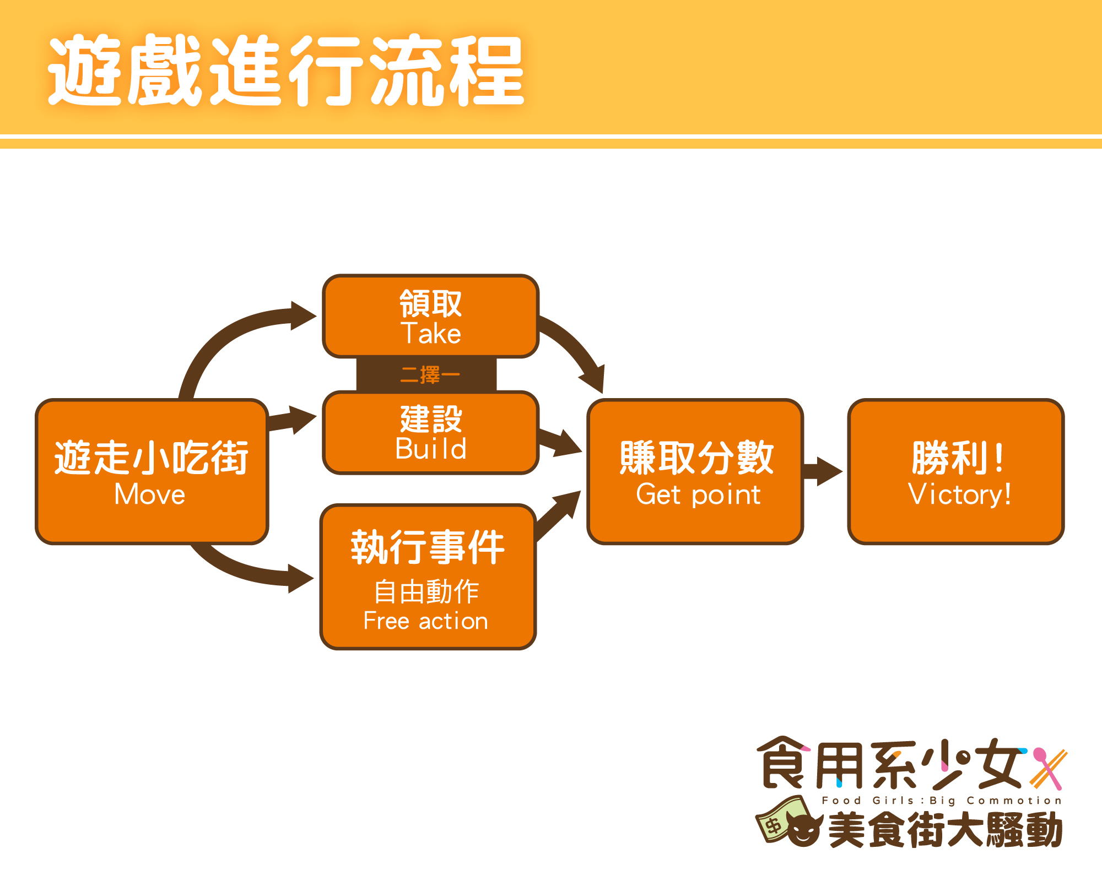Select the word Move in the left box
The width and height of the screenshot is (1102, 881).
tap(150, 494)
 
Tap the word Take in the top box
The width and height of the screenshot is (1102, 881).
tap(431, 334)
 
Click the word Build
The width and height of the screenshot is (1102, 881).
tap(431, 449)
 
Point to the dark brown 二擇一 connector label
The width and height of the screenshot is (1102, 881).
tap(429, 375)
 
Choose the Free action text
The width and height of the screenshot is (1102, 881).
tap(425, 621)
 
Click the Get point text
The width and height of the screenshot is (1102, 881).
tap(698, 494)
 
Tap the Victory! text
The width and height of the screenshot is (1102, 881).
tap(959, 494)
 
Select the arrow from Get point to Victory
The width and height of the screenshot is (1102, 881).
tap(823, 471)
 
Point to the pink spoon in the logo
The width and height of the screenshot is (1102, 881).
tap(1047, 765)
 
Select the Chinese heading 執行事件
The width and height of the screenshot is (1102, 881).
tap(428, 547)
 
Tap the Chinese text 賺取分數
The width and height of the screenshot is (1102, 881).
tap(696, 458)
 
